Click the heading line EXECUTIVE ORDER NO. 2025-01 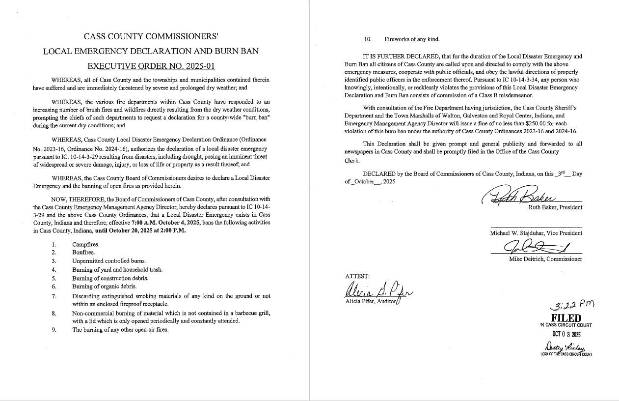pyautogui.click(x=151, y=66)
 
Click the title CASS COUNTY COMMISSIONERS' pyautogui.click(x=151, y=36)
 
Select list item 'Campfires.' pyautogui.click(x=85, y=244)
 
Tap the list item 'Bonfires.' pyautogui.click(x=83, y=252)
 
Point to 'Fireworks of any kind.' pyautogui.click(x=412, y=39)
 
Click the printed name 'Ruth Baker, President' pyautogui.click(x=555, y=207)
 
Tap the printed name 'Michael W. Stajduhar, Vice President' pyautogui.click(x=536, y=233)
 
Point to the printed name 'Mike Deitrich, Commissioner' pyautogui.click(x=545, y=259)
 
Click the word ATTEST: pyautogui.click(x=357, y=276)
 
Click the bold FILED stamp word pyautogui.click(x=566, y=318)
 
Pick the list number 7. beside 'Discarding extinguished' pyautogui.click(x=54, y=296)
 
